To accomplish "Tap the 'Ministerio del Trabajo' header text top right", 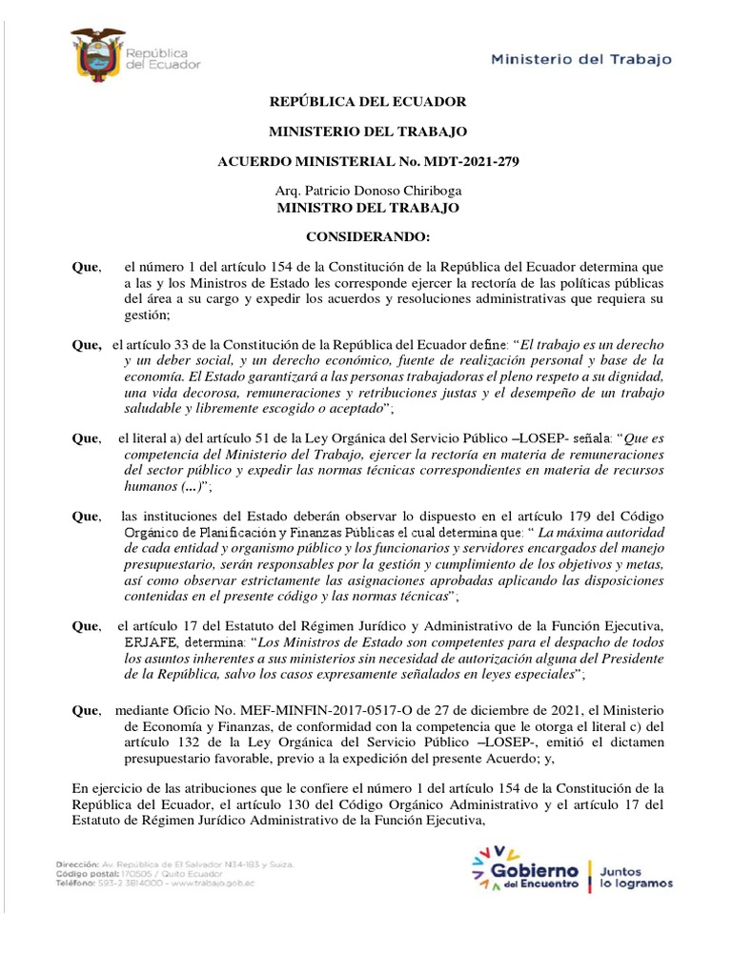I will click(580, 58).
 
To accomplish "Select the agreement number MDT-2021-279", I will click(470, 163).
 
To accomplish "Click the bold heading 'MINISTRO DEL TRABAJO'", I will click(367, 207).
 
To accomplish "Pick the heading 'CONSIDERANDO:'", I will click(367, 235).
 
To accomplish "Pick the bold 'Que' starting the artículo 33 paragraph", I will click(88, 342).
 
